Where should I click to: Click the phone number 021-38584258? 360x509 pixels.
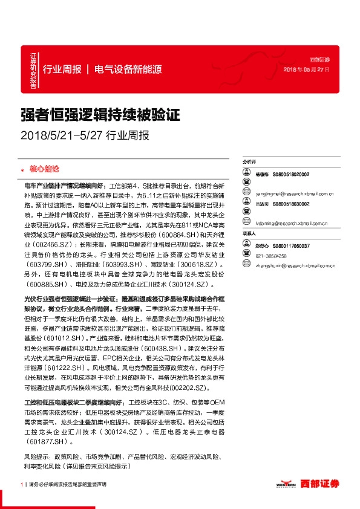(270, 256)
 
